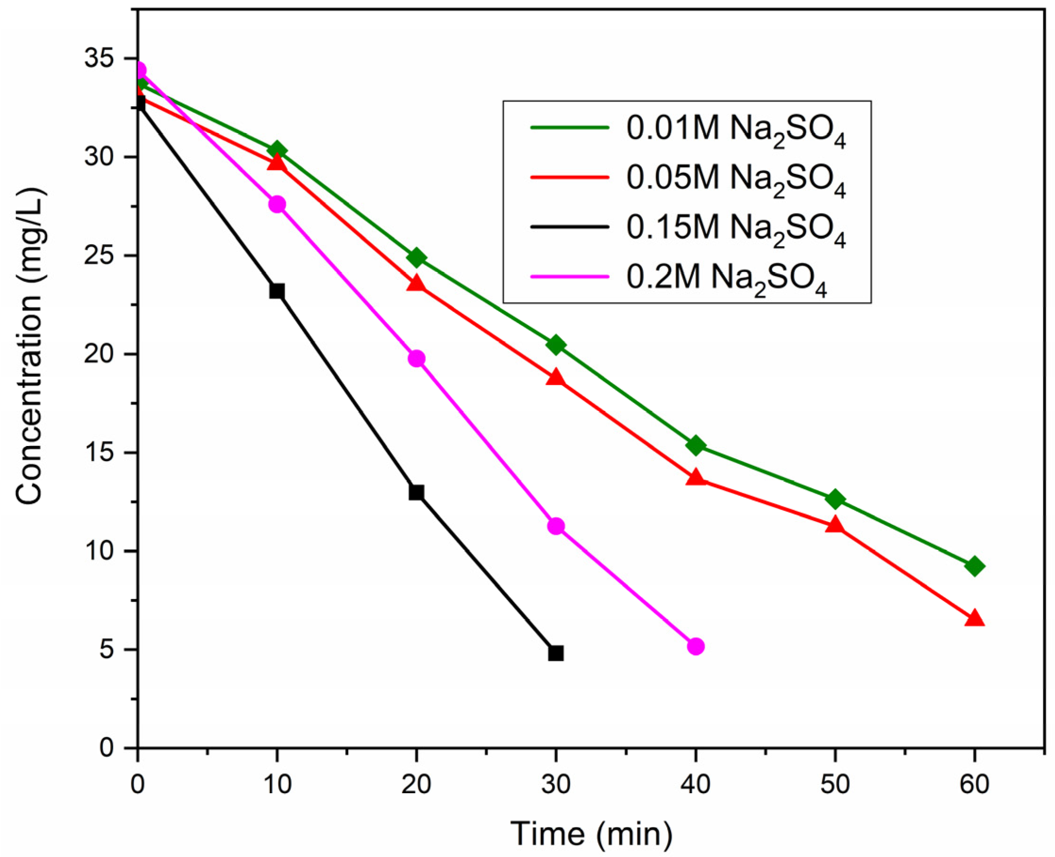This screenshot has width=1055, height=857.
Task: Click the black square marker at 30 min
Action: (x=556, y=653)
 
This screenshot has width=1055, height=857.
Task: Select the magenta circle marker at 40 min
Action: (x=695, y=646)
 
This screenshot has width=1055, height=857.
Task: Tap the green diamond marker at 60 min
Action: (x=974, y=566)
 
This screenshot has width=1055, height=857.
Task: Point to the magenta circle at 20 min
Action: (x=417, y=359)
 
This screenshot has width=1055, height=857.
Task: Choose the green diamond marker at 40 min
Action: (x=695, y=446)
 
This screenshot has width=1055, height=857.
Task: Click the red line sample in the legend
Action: (x=570, y=177)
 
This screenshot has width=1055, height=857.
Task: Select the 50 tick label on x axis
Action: (x=835, y=784)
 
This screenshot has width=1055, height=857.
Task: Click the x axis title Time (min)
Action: (x=591, y=834)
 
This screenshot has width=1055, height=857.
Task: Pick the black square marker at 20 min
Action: (x=417, y=492)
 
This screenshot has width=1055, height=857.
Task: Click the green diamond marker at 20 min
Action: (x=417, y=257)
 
